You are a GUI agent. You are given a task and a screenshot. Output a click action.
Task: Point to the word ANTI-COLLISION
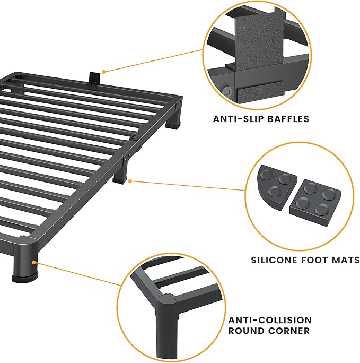tap(270, 321)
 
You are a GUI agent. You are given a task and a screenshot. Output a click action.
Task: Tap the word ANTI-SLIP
tap(236, 119)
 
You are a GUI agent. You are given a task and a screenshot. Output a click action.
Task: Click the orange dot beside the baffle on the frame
tap(104, 71)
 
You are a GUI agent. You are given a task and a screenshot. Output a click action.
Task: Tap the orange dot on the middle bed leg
tap(130, 181)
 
